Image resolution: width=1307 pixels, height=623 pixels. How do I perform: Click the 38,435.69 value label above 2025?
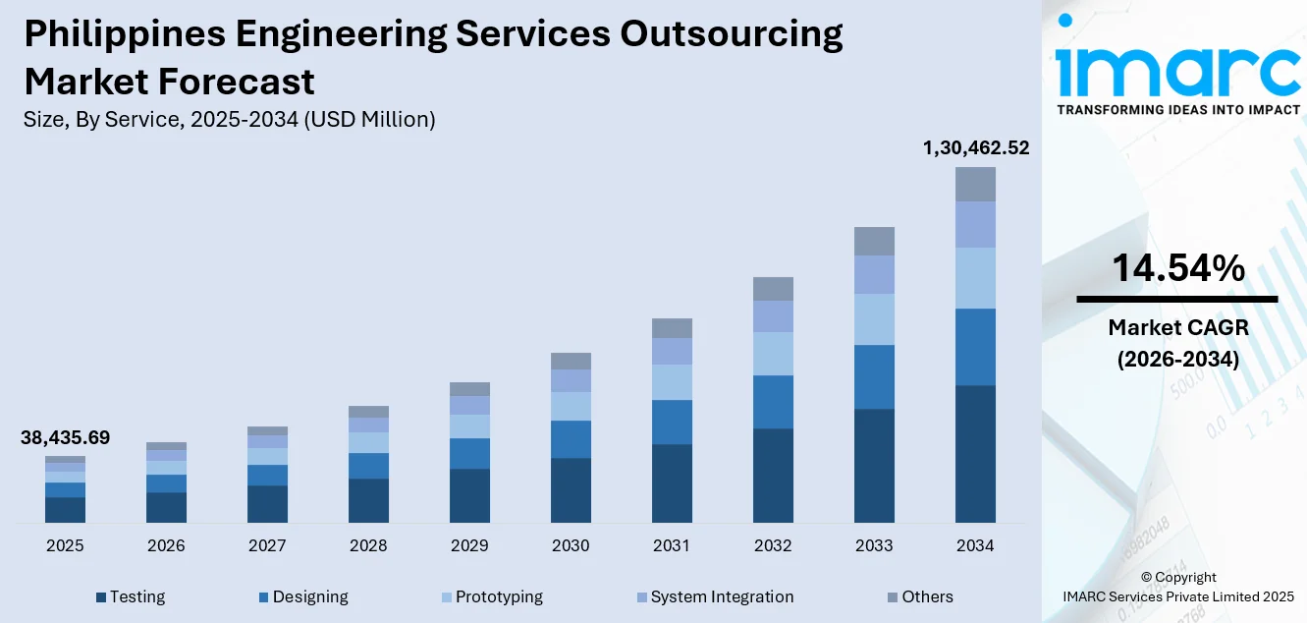65,438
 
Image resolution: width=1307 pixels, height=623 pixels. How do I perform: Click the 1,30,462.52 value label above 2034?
975,148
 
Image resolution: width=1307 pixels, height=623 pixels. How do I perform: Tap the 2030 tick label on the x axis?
571,546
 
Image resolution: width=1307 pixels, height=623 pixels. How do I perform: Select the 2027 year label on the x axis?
267,546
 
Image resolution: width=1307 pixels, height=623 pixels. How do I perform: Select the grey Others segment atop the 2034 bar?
975,184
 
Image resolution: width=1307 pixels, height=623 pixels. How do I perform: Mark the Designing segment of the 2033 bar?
874,376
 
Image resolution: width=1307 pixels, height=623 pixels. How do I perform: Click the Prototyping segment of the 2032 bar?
773,354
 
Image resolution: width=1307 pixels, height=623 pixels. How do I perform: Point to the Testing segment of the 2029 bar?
469,495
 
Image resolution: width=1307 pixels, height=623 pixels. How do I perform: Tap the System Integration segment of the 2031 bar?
672,351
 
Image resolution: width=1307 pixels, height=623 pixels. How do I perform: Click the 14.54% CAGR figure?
1177,268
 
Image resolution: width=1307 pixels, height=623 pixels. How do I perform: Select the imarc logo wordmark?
1177,69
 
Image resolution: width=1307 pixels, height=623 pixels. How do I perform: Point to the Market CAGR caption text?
1177,327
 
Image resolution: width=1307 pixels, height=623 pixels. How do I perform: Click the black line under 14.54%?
1177,299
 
